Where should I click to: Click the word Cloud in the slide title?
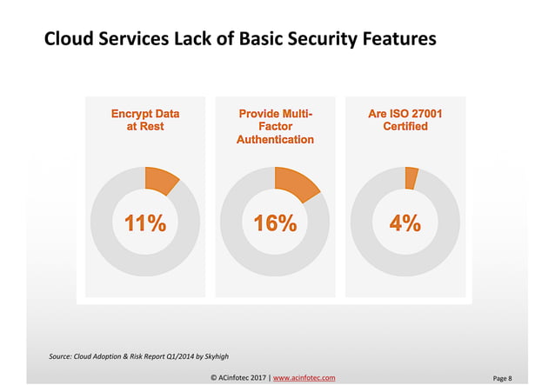click(x=69, y=39)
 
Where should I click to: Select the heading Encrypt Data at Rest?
click(x=145, y=120)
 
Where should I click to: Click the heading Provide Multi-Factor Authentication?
click(x=275, y=126)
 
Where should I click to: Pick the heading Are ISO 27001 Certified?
click(x=405, y=120)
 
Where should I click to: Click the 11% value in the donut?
click(x=145, y=223)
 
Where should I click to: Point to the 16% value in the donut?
click(x=275, y=223)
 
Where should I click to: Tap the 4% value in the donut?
click(x=405, y=223)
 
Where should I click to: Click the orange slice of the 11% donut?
click(x=160, y=180)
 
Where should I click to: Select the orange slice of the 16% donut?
click(x=294, y=183)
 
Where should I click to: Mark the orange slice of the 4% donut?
click(x=411, y=176)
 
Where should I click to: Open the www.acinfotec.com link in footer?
click(x=304, y=378)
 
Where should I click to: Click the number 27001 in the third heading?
click(x=424, y=113)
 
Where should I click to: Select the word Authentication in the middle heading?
click(x=275, y=139)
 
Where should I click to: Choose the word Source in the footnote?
click(x=60, y=356)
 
